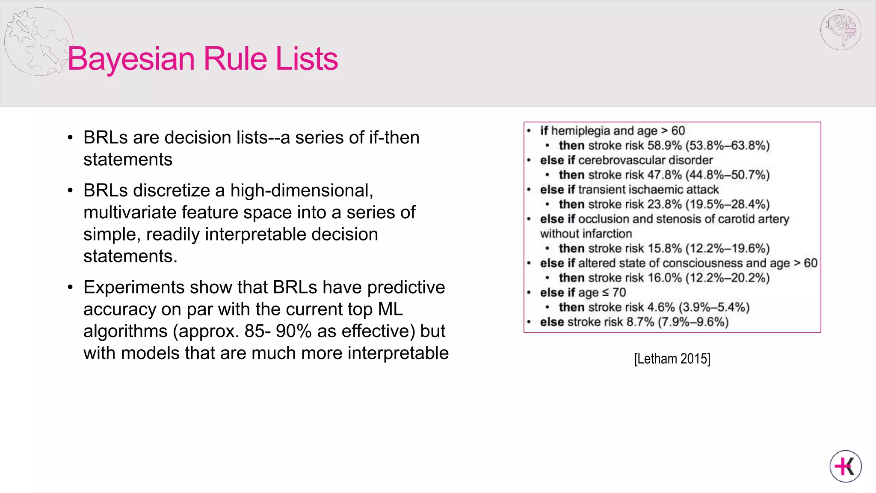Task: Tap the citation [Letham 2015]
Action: click(x=672, y=359)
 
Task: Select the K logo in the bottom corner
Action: click(x=846, y=466)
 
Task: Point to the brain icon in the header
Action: click(x=841, y=29)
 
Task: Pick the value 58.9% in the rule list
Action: click(x=664, y=146)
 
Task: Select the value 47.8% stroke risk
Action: click(x=664, y=175)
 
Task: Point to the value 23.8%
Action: click(x=664, y=204)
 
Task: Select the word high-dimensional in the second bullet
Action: click(x=302, y=190)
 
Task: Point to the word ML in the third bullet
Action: click(x=391, y=309)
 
